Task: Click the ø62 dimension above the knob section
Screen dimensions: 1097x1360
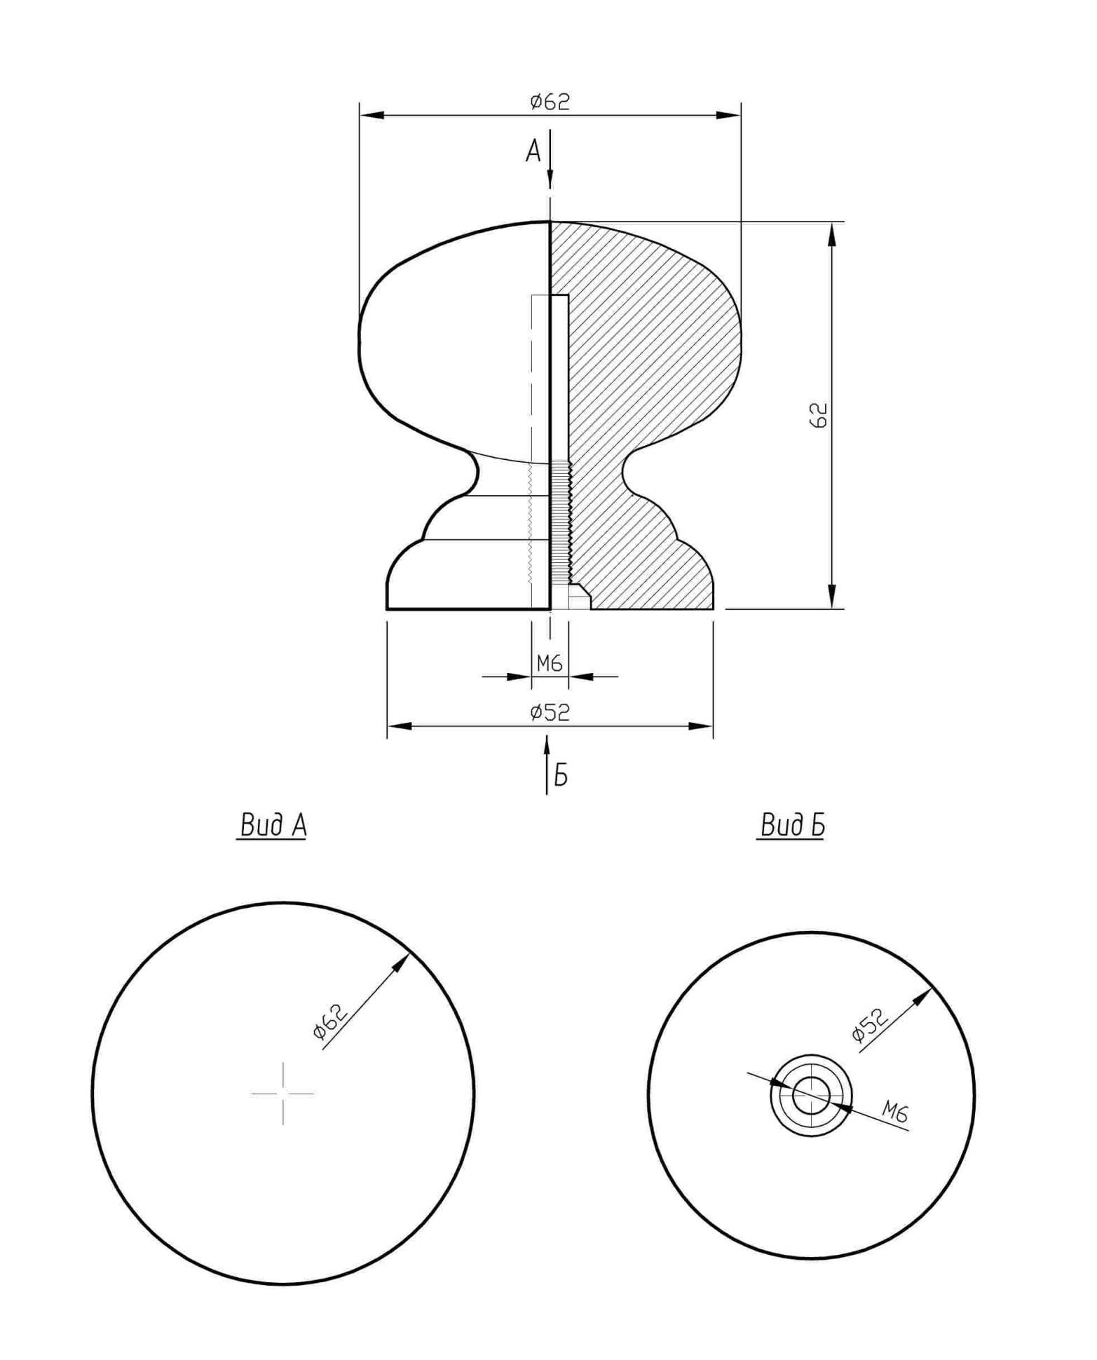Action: pyautogui.click(x=550, y=102)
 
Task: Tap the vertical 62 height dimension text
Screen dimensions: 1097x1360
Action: pyautogui.click(x=818, y=414)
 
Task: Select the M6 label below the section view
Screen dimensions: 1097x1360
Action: pyautogui.click(x=550, y=662)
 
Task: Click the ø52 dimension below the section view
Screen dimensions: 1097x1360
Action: pyautogui.click(x=550, y=712)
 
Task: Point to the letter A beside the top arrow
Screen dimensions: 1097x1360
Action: pyautogui.click(x=533, y=151)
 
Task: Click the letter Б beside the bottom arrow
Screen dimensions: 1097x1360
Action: pyautogui.click(x=561, y=775)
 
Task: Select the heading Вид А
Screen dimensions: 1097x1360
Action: pyautogui.click(x=273, y=825)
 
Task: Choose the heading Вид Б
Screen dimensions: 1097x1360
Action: pyautogui.click(x=792, y=825)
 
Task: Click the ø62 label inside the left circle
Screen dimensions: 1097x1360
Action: pyautogui.click(x=329, y=1022)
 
